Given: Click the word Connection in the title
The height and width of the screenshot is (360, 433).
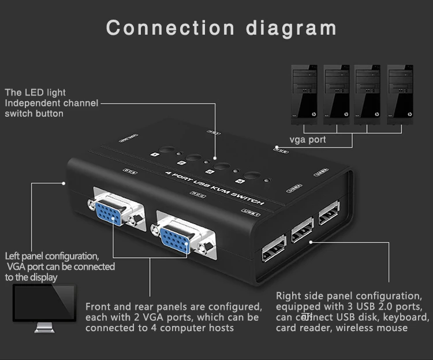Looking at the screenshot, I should [170, 27].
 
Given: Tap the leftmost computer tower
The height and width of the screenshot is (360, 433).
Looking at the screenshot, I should [304, 92].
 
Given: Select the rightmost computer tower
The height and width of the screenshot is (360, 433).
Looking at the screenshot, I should [400, 92].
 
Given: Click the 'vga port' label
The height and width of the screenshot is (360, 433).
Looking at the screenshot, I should [308, 139].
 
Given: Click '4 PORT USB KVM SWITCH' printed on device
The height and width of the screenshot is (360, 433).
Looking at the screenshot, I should [215, 188].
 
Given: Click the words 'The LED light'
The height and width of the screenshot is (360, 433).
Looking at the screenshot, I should [35, 92].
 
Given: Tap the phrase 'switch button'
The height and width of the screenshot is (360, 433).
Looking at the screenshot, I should [34, 113].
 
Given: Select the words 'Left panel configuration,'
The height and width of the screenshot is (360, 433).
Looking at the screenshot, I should [52, 256].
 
